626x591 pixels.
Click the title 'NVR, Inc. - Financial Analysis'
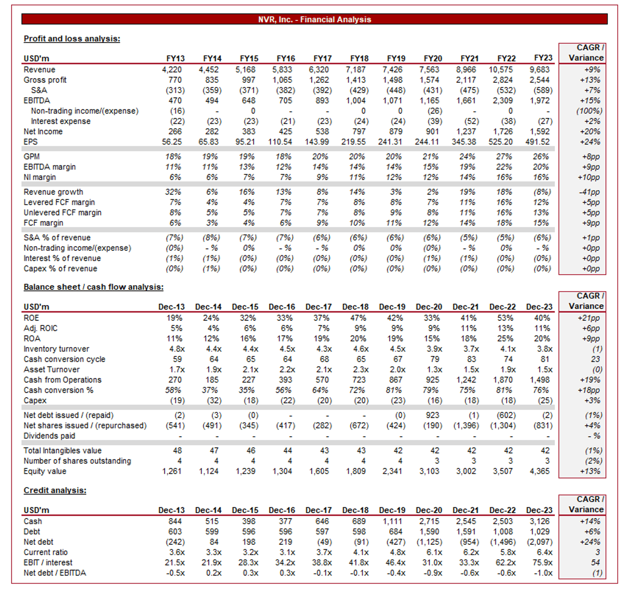coord(314,19)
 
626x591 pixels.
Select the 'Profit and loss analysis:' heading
coord(72,39)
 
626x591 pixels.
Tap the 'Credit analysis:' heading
coord(55,490)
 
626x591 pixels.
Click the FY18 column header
coord(359,59)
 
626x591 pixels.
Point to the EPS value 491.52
coord(537,142)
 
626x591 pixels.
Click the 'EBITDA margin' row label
coord(49,167)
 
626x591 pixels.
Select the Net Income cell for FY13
coord(175,131)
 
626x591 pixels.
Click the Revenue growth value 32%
coord(173,192)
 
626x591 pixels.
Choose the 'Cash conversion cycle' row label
coord(64,359)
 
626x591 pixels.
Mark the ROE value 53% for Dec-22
coord(505,318)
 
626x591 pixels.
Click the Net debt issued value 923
coord(433,415)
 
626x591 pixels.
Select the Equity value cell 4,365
coord(540,471)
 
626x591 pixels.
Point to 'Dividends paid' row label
coord(49,436)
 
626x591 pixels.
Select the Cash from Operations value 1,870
coord(503,380)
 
